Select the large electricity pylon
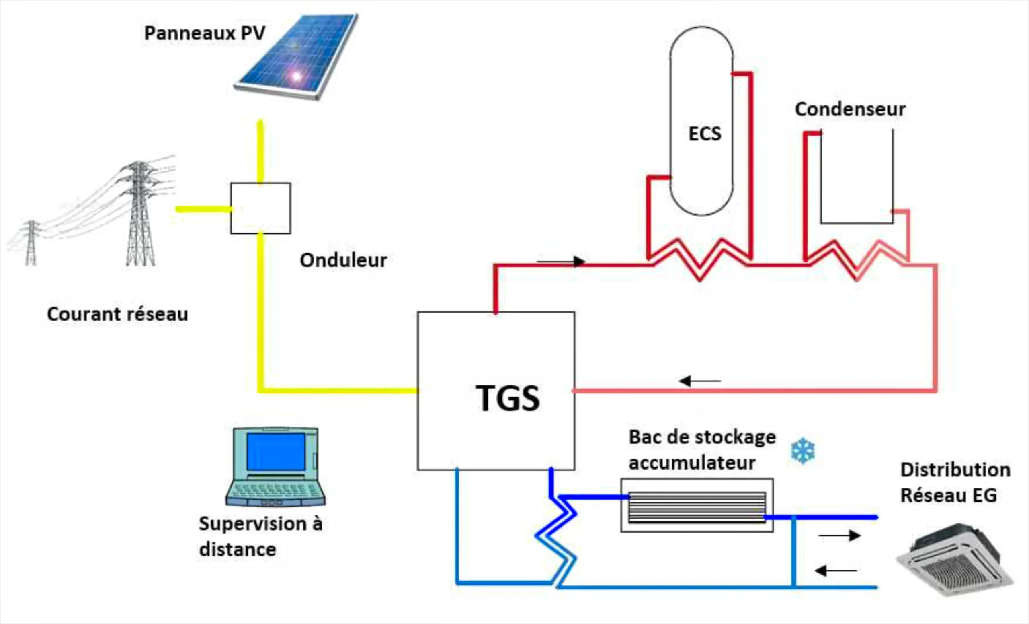point(140,213)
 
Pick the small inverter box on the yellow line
point(260,208)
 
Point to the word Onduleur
point(343,260)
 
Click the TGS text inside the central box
point(507,398)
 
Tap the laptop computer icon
point(276,466)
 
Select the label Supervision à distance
point(260,536)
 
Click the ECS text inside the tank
point(705,134)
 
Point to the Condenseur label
point(850,109)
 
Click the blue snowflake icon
point(803,451)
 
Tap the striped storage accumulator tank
point(697,506)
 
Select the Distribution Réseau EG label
point(955,483)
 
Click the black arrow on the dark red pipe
point(561,262)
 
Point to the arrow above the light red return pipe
point(700,381)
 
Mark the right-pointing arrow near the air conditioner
point(839,535)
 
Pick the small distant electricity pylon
point(31,243)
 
